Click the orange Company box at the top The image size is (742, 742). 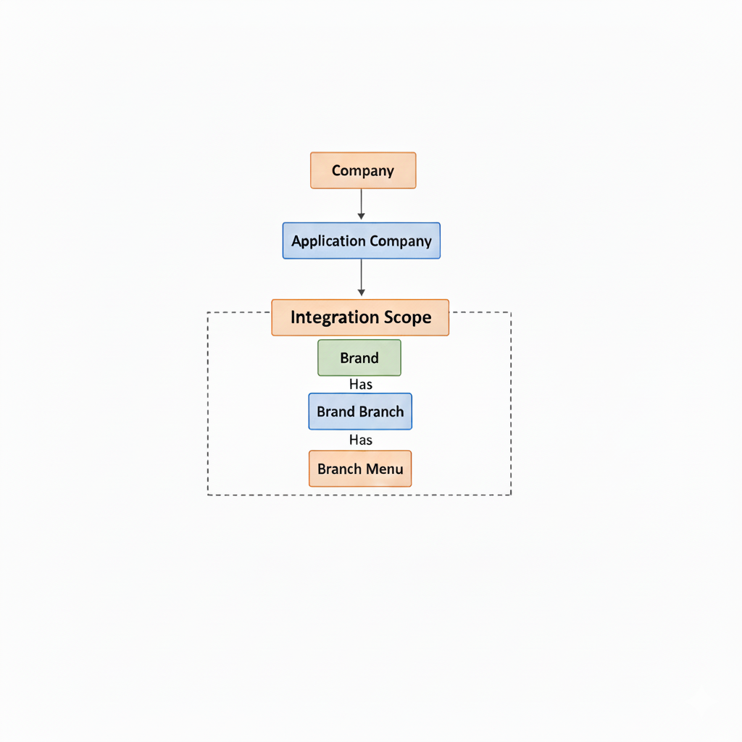[363, 170]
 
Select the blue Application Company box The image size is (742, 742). [362, 241]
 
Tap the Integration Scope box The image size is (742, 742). [360, 317]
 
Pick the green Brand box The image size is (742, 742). [359, 358]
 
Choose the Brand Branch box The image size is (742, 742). [360, 412]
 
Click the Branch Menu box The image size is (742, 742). [360, 469]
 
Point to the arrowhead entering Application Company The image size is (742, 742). [361, 216]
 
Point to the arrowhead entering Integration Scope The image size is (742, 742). [361, 293]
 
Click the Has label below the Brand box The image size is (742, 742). [361, 384]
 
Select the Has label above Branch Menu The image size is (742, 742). [361, 440]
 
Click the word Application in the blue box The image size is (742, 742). [328, 241]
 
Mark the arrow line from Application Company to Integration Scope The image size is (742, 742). [361, 278]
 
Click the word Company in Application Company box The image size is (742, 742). [401, 241]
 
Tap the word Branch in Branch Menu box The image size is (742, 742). [340, 469]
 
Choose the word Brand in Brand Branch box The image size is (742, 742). [336, 412]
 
